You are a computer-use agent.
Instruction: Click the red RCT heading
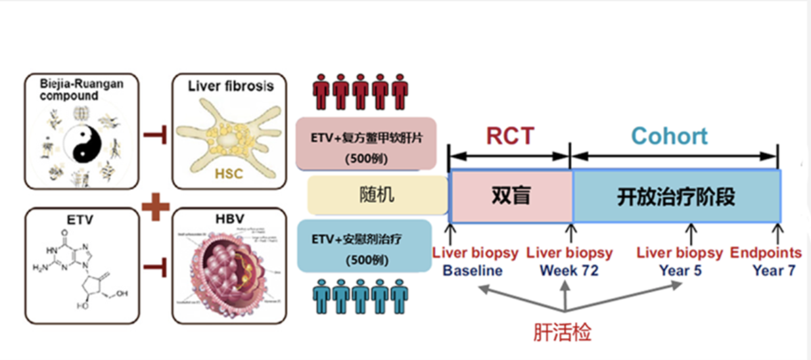pos(510,135)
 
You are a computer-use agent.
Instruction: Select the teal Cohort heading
pos(669,136)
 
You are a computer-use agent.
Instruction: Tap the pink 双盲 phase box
pos(510,196)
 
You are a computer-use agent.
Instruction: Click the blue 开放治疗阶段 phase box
pos(676,196)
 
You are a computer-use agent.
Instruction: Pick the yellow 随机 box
pos(377,195)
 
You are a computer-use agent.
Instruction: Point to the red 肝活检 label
pos(562,332)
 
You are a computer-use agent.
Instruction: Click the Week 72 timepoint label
pos(569,270)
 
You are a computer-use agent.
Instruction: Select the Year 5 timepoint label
pos(680,270)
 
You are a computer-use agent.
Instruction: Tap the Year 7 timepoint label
pos(774,270)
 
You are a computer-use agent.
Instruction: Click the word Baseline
pos(472,270)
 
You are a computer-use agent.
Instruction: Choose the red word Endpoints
pos(766,253)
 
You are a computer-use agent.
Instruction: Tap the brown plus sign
pos(156,206)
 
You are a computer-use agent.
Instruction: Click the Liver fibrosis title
pos(230,86)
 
